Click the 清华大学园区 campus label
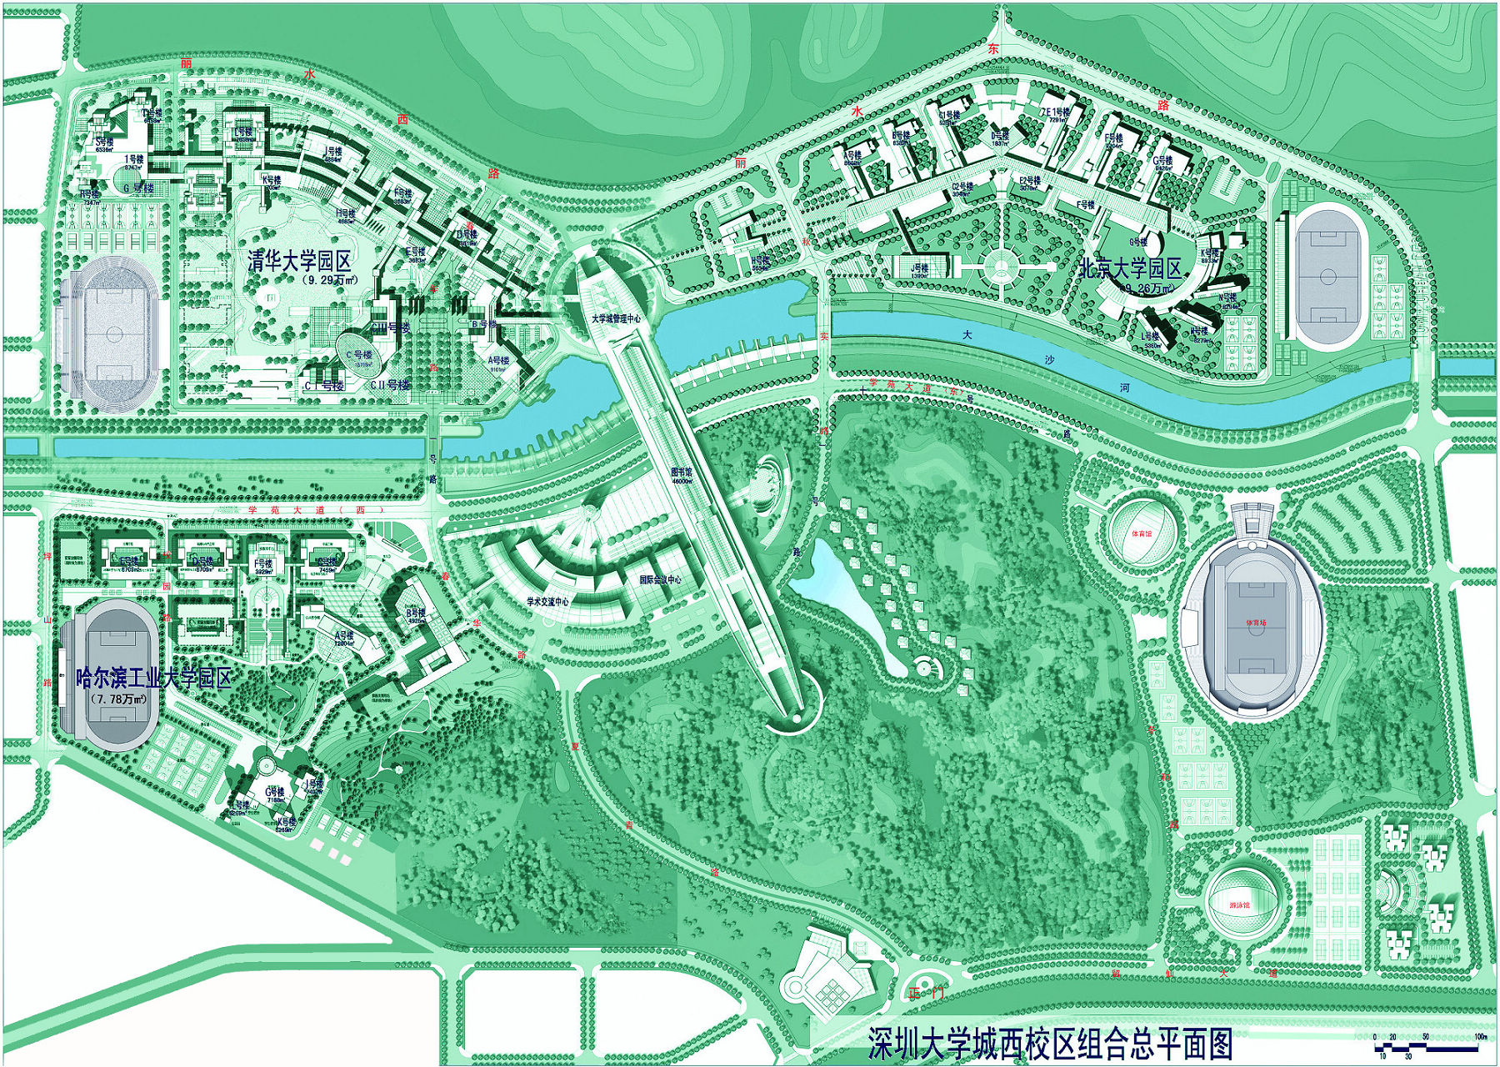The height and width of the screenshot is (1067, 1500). (x=304, y=261)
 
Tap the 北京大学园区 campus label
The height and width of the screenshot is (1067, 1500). (x=1131, y=268)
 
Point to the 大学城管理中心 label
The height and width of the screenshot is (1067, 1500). (x=616, y=318)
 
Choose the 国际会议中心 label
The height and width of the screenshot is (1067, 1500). (x=660, y=579)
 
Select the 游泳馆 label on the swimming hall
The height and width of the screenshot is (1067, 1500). (x=1242, y=904)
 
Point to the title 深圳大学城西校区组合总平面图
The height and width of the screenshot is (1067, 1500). (x=1049, y=1044)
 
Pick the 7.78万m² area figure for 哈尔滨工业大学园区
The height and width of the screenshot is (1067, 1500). (x=122, y=699)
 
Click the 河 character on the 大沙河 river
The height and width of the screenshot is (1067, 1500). (x=1125, y=388)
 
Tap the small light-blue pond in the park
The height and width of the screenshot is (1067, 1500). (x=842, y=592)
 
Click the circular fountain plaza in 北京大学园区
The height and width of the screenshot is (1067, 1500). (x=997, y=268)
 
